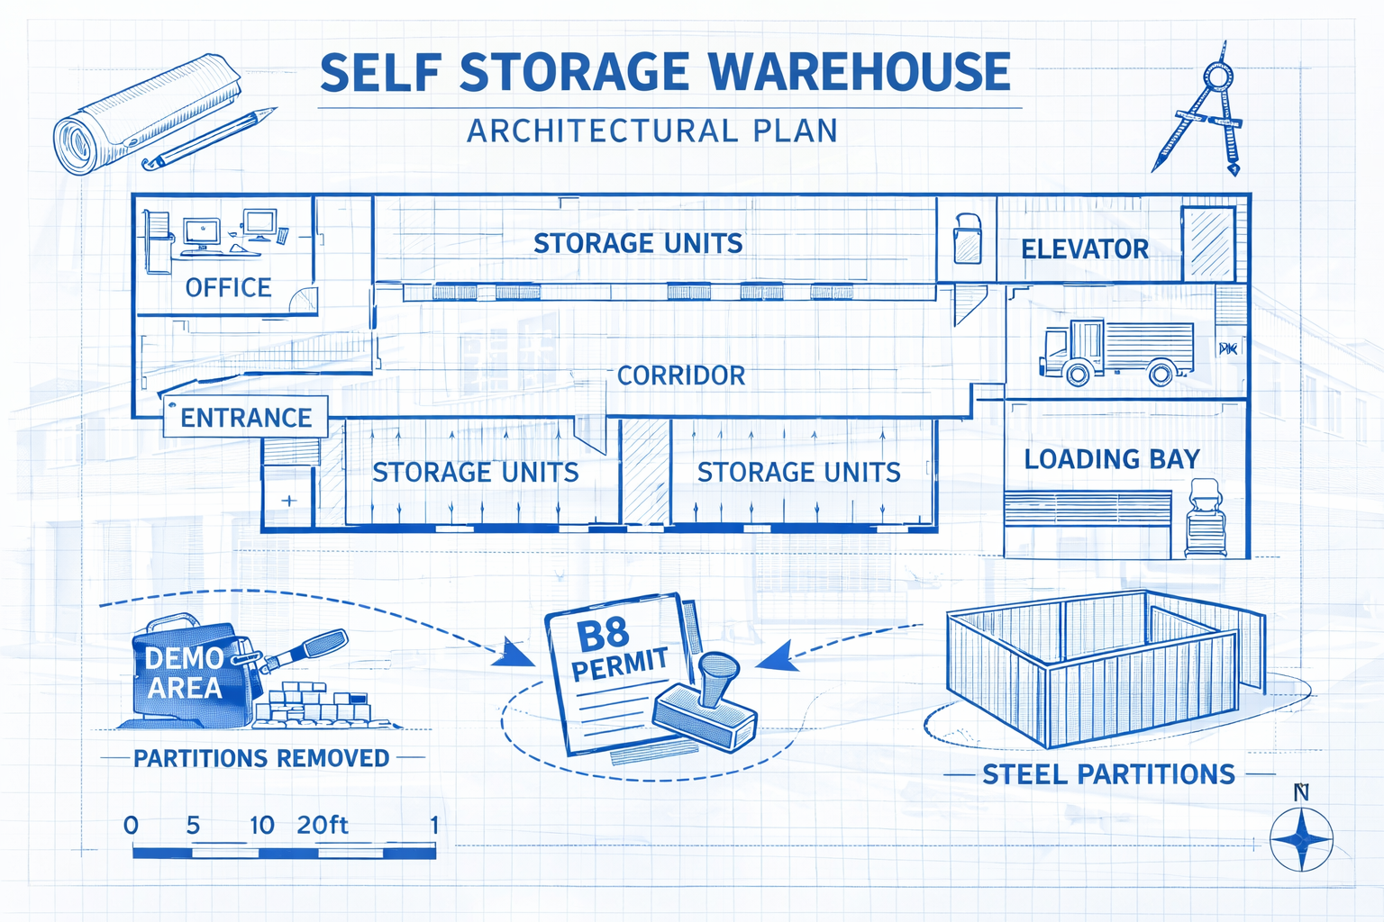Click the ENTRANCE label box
tap(245, 418)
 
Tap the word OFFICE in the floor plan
tap(228, 287)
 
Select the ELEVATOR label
tap(1084, 249)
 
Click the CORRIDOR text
tap(681, 375)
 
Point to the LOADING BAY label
tap(1111, 459)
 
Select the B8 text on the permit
tap(602, 634)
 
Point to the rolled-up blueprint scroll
tap(144, 113)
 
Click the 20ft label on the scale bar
tap(322, 825)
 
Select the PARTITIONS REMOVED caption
tap(261, 758)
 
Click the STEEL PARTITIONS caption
tap(1108, 774)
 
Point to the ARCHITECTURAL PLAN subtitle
tap(652, 131)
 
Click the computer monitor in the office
tap(202, 232)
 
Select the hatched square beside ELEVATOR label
tap(1207, 243)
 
